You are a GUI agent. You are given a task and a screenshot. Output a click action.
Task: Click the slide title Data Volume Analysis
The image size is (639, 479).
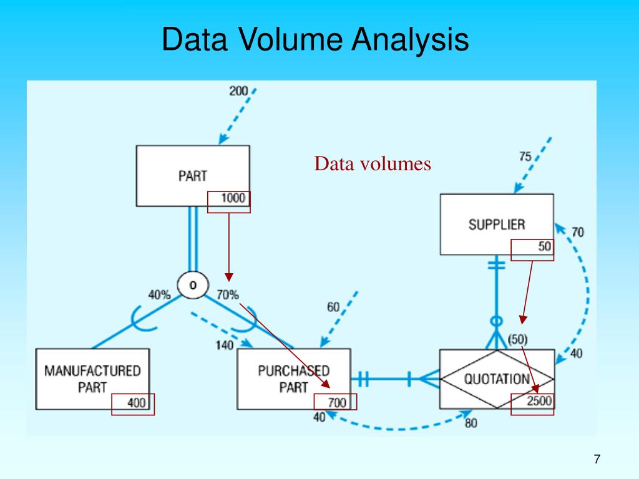315,41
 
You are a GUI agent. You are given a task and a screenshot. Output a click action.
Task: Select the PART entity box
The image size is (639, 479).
193,175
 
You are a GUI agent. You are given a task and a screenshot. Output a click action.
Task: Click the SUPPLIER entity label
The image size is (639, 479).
497,224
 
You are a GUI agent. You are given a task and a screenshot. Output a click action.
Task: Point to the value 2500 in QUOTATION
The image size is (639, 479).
539,401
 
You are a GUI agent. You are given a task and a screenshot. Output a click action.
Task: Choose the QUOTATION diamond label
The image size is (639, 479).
497,379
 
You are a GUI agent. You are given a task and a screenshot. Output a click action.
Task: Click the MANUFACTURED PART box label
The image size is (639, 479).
92,379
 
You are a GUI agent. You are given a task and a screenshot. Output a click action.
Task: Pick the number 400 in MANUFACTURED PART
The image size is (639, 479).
137,403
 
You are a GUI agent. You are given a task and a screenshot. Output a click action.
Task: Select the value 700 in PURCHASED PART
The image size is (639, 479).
337,403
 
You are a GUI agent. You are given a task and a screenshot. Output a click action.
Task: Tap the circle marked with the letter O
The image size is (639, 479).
192,285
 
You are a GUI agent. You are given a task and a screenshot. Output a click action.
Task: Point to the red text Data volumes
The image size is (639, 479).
373,164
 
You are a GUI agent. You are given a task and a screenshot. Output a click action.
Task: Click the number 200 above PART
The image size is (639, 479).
238,91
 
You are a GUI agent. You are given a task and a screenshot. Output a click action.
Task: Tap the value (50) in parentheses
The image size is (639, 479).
517,339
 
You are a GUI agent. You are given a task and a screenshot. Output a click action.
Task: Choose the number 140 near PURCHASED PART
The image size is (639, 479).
225,345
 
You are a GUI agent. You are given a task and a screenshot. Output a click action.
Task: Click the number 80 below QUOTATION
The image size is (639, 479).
471,423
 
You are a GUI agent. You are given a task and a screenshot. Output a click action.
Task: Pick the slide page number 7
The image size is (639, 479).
597,460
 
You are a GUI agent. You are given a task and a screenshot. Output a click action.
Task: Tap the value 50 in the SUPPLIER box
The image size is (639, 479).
545,246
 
